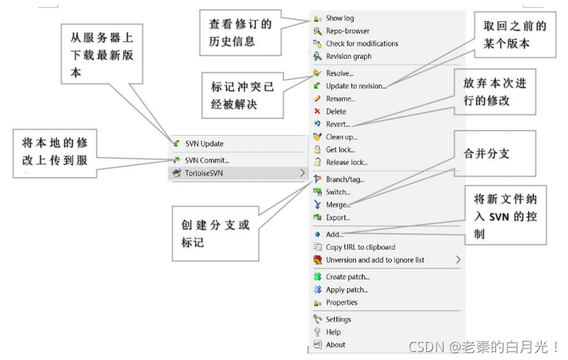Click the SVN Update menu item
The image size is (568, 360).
[203, 144]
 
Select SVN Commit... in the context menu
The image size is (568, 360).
[206, 160]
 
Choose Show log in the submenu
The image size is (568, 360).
[339, 18]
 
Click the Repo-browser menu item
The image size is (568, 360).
[347, 31]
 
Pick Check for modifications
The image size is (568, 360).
[362, 44]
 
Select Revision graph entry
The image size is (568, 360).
[349, 57]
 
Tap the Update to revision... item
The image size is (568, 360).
[356, 86]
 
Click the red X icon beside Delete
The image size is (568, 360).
[317, 112]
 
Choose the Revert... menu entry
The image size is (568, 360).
[338, 124]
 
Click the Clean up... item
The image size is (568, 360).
[341, 137]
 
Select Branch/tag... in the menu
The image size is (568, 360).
[345, 179]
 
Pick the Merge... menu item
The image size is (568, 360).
[338, 205]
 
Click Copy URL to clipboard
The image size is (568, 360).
[360, 247]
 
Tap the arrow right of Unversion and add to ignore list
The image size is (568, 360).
[458, 260]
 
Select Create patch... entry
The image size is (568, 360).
[347, 277]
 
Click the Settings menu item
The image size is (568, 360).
[338, 319]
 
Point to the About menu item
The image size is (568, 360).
[336, 345]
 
